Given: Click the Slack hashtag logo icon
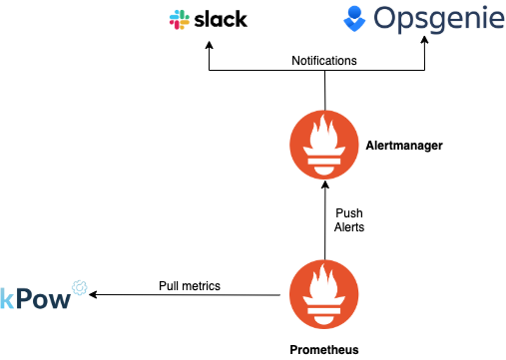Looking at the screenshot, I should point(181,20).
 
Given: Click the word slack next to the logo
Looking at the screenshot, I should point(221,20).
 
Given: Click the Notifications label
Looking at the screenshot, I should point(323,61).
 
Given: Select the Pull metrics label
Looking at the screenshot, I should point(190,286).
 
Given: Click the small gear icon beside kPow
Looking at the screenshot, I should point(80,288).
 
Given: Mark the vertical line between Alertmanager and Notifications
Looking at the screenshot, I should point(324,91).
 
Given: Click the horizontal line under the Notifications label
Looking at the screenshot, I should point(269,72).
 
